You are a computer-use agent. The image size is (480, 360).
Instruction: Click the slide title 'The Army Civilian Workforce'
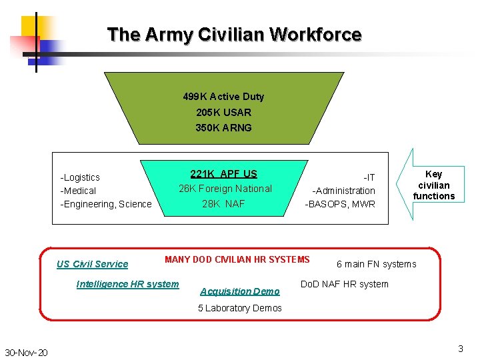pos(234,34)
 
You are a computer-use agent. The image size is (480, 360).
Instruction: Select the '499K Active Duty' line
pos(223,97)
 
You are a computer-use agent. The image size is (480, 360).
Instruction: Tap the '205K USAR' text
pos(223,112)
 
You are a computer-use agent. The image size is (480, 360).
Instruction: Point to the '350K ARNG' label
pos(223,127)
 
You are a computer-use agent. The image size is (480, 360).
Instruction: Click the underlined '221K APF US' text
pos(223,174)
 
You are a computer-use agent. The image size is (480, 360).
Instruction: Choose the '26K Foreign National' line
pos(225,189)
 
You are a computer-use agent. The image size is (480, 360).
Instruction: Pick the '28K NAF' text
pos(223,204)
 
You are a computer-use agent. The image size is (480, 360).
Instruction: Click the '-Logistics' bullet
pos(80,177)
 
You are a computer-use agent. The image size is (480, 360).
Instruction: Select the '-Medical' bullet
pos(78,191)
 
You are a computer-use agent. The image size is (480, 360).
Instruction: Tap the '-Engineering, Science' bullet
pos(106,204)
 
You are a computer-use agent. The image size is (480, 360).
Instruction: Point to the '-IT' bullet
pos(369,177)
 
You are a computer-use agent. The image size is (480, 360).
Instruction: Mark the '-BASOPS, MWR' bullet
pos(340,204)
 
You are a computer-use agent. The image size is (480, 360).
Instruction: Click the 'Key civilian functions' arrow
pos(432,185)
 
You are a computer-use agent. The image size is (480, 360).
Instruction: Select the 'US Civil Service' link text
pos(92,264)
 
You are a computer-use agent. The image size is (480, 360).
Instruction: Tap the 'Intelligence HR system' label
pos(127,284)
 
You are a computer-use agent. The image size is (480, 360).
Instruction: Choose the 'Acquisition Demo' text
pos(240,291)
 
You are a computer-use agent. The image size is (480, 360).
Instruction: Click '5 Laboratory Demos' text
pos(240,308)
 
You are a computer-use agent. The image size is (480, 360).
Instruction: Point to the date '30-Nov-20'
pos(26,352)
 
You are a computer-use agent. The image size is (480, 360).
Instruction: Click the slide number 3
pos(460,349)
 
